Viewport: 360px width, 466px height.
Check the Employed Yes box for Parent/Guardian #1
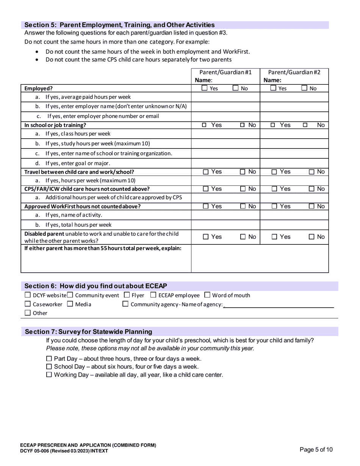click(205, 88)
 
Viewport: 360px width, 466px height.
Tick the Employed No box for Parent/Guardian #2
click(304, 88)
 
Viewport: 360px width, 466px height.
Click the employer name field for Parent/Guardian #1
click(225, 106)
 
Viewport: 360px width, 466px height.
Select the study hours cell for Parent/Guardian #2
click(294, 144)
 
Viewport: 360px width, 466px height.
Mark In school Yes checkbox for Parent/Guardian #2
click(273, 125)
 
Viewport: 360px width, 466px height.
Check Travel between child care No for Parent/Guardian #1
click(243, 172)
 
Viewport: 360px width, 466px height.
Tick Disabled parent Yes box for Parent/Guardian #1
click(206, 237)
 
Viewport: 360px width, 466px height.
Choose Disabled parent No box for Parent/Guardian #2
click(311, 237)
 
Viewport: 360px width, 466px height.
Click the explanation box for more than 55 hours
click(260, 258)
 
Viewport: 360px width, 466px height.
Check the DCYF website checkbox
click(27, 295)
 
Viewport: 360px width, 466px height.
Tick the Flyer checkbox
click(127, 295)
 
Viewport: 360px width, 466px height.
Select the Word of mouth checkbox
click(207, 295)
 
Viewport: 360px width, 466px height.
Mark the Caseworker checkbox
click(27, 304)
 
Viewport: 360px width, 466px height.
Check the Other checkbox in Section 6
click(27, 313)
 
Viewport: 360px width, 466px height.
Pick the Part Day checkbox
click(49, 359)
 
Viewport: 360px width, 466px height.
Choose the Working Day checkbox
click(49, 375)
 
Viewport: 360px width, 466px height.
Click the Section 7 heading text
click(88, 332)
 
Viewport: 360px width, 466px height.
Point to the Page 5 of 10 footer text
click(316, 450)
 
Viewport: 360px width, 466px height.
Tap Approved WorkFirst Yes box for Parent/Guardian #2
click(274, 206)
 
